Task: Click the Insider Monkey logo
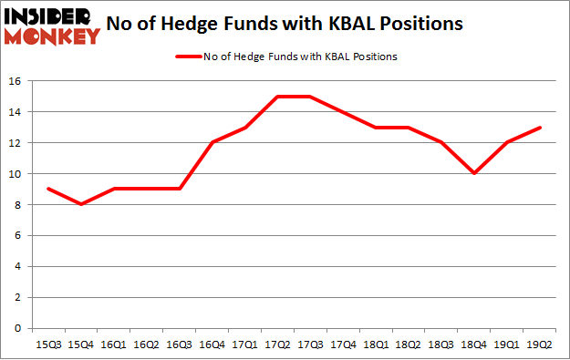[52, 26]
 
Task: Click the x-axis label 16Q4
[214, 345]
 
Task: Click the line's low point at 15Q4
[81, 204]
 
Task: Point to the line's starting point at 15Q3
[47, 189]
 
